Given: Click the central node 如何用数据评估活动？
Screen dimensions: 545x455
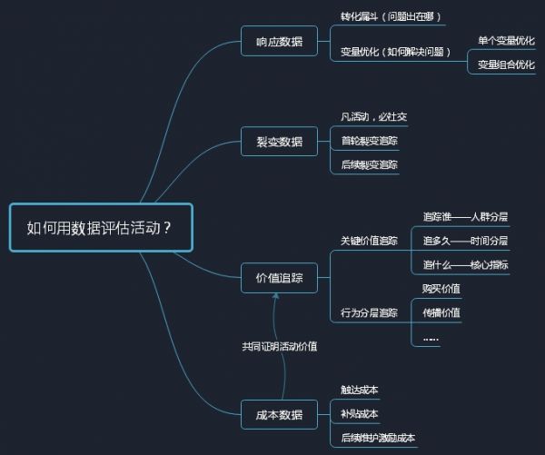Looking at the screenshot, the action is (x=101, y=228).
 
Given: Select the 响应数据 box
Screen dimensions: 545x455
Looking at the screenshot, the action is (x=279, y=41).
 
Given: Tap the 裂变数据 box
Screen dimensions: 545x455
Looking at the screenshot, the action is (x=279, y=141).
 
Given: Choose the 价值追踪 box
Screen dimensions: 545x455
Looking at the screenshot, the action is (x=279, y=278).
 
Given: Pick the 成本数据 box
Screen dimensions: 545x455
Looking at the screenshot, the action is (x=279, y=414).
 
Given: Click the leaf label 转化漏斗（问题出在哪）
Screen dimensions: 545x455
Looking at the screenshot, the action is (x=391, y=16).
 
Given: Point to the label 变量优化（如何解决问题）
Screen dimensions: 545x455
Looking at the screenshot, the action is (x=395, y=52).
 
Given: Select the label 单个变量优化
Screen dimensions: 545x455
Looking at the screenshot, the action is (x=506, y=41).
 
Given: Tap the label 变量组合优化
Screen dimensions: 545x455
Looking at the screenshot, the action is (x=506, y=64).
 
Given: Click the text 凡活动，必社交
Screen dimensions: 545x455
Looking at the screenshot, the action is (x=373, y=116).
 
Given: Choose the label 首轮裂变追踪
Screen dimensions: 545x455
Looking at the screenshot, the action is (x=369, y=141).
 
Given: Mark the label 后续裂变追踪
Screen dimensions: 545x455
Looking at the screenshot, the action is (x=369, y=164).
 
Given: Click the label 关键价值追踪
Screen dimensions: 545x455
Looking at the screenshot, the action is (x=369, y=241).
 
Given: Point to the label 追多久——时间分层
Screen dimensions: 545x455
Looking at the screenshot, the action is (x=465, y=241).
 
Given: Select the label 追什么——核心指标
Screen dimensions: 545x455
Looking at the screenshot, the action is (x=465, y=265).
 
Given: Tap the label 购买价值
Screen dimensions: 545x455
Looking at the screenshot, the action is (x=441, y=289).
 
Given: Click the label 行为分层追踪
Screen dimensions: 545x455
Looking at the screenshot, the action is (x=369, y=312).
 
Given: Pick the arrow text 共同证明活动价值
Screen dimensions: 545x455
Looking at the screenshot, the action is (x=280, y=346).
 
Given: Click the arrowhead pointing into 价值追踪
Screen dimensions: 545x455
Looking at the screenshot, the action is (x=276, y=296).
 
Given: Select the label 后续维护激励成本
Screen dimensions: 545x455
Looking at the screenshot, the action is (x=378, y=438).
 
